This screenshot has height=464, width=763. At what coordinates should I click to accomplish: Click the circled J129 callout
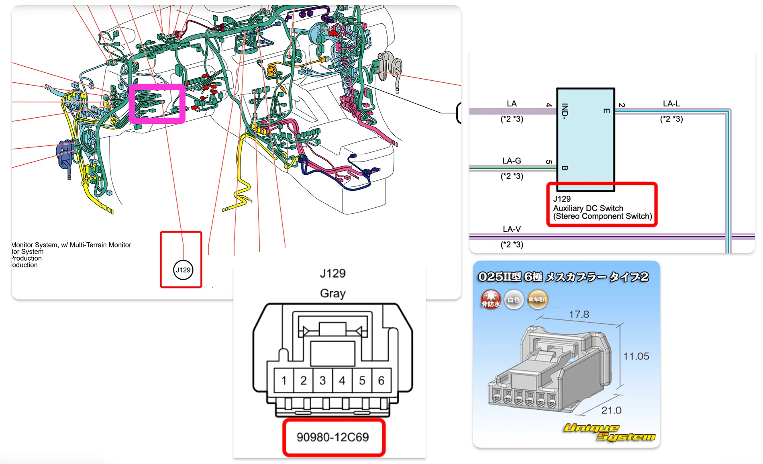183,270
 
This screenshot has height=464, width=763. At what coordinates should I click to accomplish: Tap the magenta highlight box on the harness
157,103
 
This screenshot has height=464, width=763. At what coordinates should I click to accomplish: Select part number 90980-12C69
333,437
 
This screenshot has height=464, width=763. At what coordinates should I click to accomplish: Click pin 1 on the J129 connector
284,380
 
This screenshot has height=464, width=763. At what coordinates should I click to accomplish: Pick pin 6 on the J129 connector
381,380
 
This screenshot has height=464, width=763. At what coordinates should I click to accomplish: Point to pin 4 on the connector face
342,380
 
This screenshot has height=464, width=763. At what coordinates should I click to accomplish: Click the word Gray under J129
333,293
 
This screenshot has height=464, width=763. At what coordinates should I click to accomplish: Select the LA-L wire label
671,104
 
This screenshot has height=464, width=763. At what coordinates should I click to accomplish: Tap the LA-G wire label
512,161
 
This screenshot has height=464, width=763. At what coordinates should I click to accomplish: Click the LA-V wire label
512,229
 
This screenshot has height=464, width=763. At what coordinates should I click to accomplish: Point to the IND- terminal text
565,111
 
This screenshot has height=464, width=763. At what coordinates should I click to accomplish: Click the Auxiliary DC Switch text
588,208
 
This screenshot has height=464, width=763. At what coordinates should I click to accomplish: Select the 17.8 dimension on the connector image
579,314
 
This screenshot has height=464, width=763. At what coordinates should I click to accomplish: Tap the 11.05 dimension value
636,356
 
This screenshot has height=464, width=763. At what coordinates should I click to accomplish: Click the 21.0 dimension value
611,410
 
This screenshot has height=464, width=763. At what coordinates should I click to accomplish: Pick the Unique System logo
608,432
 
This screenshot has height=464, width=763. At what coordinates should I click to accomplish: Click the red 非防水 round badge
491,300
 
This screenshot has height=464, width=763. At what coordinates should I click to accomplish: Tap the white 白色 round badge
514,300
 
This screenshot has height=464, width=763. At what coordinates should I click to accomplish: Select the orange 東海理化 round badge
538,300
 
